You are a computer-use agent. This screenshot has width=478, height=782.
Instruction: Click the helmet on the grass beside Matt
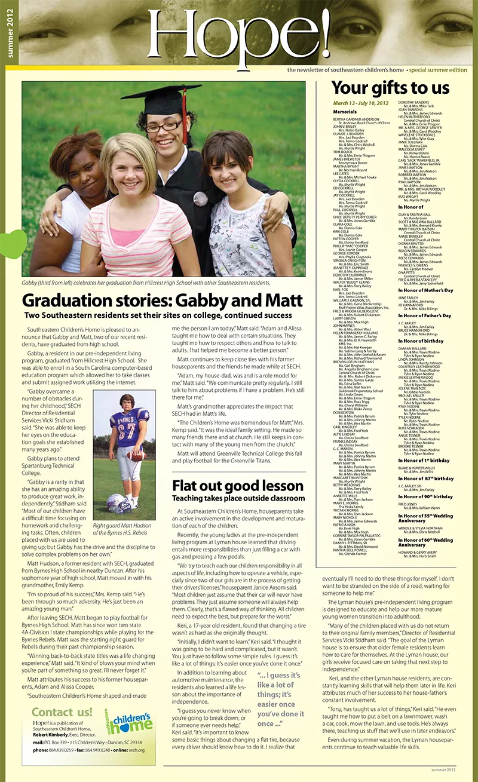[x=120, y=503]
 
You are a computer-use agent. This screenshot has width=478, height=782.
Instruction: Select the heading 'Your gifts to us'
[x=390, y=88]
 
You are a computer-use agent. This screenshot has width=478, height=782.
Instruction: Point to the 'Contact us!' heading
[x=62, y=712]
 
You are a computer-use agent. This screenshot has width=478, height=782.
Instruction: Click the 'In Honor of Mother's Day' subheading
[x=425, y=290]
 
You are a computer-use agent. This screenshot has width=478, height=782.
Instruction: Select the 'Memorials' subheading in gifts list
[x=345, y=112]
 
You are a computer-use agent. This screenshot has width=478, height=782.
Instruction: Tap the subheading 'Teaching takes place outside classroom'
[x=238, y=498]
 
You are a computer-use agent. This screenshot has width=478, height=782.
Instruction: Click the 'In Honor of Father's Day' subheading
[x=425, y=315]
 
